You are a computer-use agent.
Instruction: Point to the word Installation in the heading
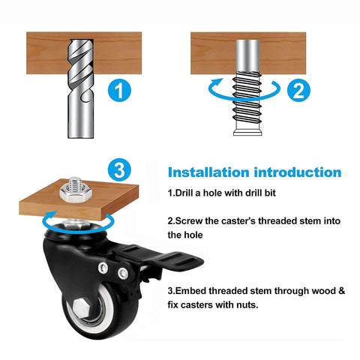pos(209,172)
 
